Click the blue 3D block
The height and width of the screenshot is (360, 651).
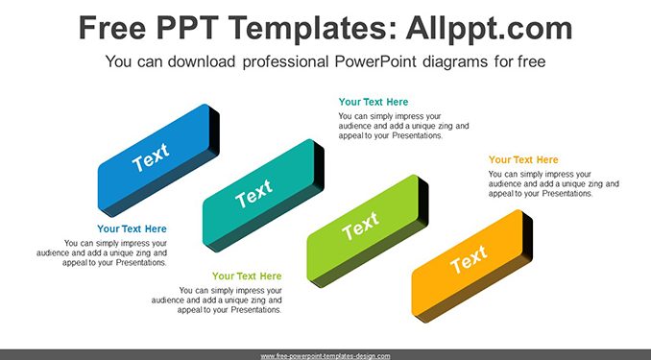pos(158,160)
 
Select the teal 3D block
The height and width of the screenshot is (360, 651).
pos(263,195)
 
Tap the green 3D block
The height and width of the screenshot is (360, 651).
pos(368,230)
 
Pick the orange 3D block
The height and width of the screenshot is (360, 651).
pos(472,266)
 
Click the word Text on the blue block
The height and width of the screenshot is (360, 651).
pos(151,156)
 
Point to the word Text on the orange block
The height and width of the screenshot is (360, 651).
pos(469,259)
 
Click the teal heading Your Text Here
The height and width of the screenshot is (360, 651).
pos(374,102)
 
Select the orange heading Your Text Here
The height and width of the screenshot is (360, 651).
pos(523,160)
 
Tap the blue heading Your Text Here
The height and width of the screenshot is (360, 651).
pos(132,228)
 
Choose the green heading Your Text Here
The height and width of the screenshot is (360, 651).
pos(247,276)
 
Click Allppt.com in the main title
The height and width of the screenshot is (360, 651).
pos(489,28)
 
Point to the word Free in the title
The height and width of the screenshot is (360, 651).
pos(112,28)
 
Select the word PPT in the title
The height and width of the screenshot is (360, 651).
pos(188,28)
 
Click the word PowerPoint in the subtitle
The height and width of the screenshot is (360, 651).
pos(375,61)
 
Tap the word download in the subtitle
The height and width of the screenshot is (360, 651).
pos(202,61)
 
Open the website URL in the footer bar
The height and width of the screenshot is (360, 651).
pos(325,356)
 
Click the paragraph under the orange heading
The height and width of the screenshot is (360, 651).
pos(554,184)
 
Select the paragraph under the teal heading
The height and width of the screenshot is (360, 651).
pos(403,126)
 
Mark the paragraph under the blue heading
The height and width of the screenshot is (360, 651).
pos(102,252)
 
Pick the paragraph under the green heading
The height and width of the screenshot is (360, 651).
pos(217,300)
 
